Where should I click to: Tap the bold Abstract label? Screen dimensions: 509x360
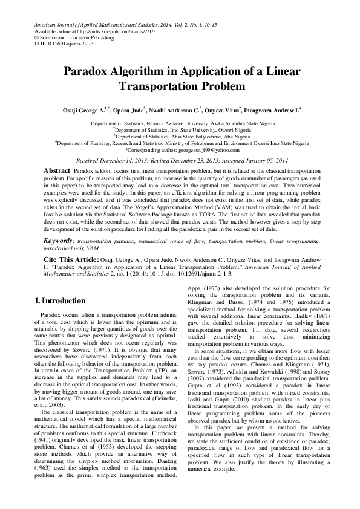(57, 171)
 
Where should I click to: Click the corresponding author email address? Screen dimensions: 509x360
(200, 149)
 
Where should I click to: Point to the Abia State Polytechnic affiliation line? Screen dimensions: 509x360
(180, 137)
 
